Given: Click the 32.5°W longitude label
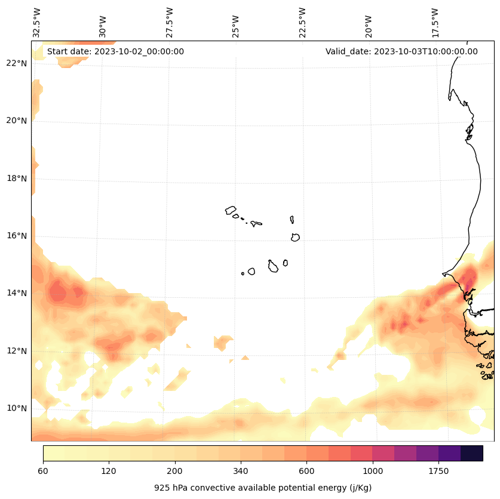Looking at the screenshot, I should click(x=37, y=23).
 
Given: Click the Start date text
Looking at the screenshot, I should click(x=115, y=51).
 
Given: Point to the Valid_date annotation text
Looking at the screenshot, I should click(x=401, y=51).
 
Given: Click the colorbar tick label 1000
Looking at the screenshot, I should click(x=373, y=472).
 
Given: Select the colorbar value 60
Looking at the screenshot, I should click(x=43, y=472).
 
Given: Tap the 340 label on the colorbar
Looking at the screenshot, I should click(x=241, y=472).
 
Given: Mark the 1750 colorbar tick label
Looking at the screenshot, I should click(x=438, y=472).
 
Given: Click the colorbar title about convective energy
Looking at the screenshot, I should click(x=263, y=488).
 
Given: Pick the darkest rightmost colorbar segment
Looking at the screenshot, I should click(x=471, y=453).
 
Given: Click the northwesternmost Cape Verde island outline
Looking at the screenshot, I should click(x=231, y=210).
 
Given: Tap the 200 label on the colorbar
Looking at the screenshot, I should click(x=175, y=472).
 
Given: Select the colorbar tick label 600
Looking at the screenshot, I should click(x=307, y=472).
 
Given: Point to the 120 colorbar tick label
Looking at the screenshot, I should click(x=109, y=472).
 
